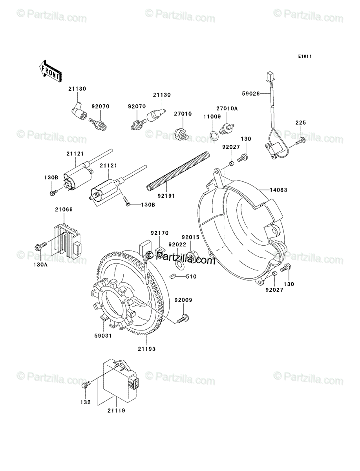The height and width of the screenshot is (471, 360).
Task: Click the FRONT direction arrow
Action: [50, 71]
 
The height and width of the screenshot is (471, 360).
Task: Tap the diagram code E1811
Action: [305, 57]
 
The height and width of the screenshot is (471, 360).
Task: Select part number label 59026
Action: [251, 93]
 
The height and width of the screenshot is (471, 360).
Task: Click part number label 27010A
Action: [227, 109]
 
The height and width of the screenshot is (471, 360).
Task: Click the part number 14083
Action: [278, 190]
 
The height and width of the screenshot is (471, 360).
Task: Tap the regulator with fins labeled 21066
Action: [66, 241]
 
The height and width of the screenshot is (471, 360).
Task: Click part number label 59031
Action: [103, 336]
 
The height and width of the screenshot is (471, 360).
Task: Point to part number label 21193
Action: [146, 349]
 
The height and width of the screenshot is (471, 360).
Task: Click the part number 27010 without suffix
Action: [183, 114]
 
